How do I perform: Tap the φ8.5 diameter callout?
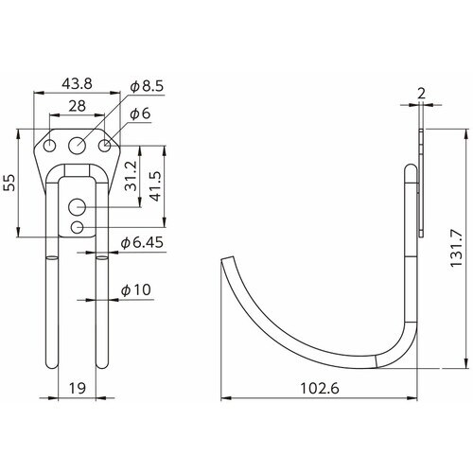point(148,86)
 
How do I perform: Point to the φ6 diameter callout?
point(140,114)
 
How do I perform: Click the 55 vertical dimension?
point(11,183)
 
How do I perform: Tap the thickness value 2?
point(419,93)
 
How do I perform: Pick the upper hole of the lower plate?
point(78,206)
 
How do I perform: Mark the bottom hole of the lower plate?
point(78,227)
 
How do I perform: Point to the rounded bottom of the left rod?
point(50,368)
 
